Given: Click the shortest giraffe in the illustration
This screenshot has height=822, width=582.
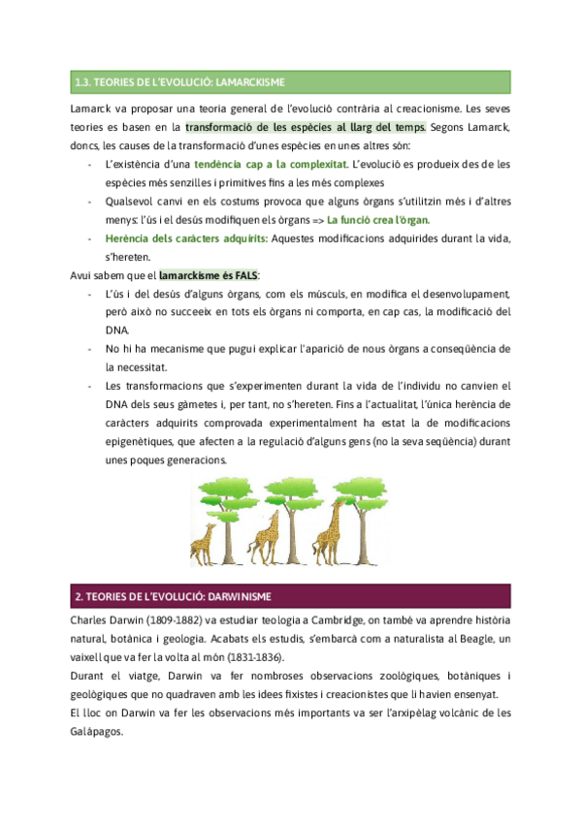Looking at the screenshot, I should pyautogui.click(x=204, y=545).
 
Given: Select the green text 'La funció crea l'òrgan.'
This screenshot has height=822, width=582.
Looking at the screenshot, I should pyautogui.click(x=378, y=219).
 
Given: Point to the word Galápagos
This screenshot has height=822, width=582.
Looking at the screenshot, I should pyautogui.click(x=98, y=732).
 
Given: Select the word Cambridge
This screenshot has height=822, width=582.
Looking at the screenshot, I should pyautogui.click(x=333, y=620).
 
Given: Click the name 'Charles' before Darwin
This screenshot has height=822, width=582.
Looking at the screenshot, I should pyautogui.click(x=92, y=620).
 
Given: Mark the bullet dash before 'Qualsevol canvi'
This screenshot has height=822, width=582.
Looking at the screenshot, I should pyautogui.click(x=90, y=201).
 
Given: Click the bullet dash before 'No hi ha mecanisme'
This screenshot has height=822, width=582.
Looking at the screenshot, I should pyautogui.click(x=90, y=348).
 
